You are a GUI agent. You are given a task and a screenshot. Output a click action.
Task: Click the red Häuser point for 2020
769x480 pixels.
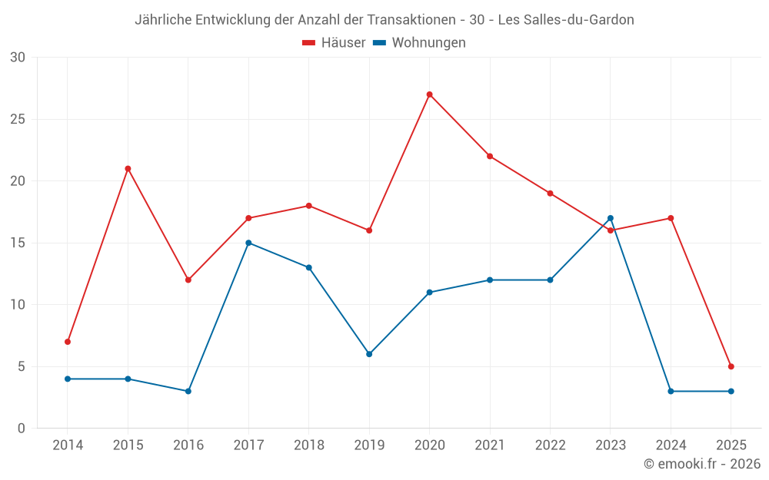(429, 94)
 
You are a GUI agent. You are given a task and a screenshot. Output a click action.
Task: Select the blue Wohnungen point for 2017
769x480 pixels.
(248, 243)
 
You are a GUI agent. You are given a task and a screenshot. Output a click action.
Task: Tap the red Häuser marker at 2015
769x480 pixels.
(128, 169)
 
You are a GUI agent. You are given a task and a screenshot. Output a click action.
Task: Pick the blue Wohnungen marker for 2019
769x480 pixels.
(369, 354)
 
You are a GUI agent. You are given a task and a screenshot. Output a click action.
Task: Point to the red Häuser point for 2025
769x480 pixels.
(731, 366)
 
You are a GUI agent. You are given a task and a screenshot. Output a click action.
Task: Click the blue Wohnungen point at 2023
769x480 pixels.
(611, 218)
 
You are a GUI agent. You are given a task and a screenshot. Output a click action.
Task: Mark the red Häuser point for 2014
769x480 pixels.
(68, 342)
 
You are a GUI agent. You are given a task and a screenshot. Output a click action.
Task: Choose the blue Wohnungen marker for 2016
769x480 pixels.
(188, 391)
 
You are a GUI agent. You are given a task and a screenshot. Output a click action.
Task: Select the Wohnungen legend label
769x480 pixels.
(428, 43)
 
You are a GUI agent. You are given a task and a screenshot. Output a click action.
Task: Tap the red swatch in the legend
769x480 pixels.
(309, 43)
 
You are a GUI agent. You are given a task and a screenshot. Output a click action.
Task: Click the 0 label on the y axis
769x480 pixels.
(22, 428)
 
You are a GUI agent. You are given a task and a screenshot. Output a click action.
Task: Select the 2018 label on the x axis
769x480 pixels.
(308, 445)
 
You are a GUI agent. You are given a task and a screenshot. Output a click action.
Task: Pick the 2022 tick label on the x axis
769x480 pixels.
(550, 445)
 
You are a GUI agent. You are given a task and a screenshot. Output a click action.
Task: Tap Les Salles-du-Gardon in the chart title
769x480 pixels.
(566, 20)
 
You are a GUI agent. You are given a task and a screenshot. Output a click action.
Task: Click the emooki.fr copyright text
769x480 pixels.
(702, 464)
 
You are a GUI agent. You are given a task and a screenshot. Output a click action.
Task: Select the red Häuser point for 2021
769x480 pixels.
(490, 156)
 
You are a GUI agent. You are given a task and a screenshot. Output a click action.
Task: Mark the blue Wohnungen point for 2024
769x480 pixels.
(671, 391)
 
